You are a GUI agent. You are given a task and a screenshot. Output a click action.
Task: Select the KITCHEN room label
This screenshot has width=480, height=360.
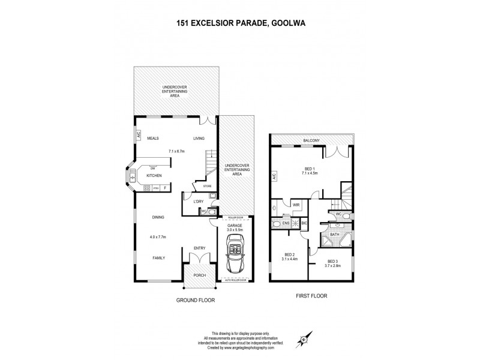pos(155,176)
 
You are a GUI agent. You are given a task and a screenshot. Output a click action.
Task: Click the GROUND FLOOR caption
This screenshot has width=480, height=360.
pos(195,299)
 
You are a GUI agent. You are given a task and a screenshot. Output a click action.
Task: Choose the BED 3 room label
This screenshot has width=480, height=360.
pos(333,261)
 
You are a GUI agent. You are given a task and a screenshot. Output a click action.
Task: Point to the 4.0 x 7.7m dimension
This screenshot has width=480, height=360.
pos(158,237)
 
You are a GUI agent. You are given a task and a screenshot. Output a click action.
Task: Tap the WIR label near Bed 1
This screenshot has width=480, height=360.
pos(296,205)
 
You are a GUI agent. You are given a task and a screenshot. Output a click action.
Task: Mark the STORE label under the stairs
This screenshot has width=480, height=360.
pos(207,187)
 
